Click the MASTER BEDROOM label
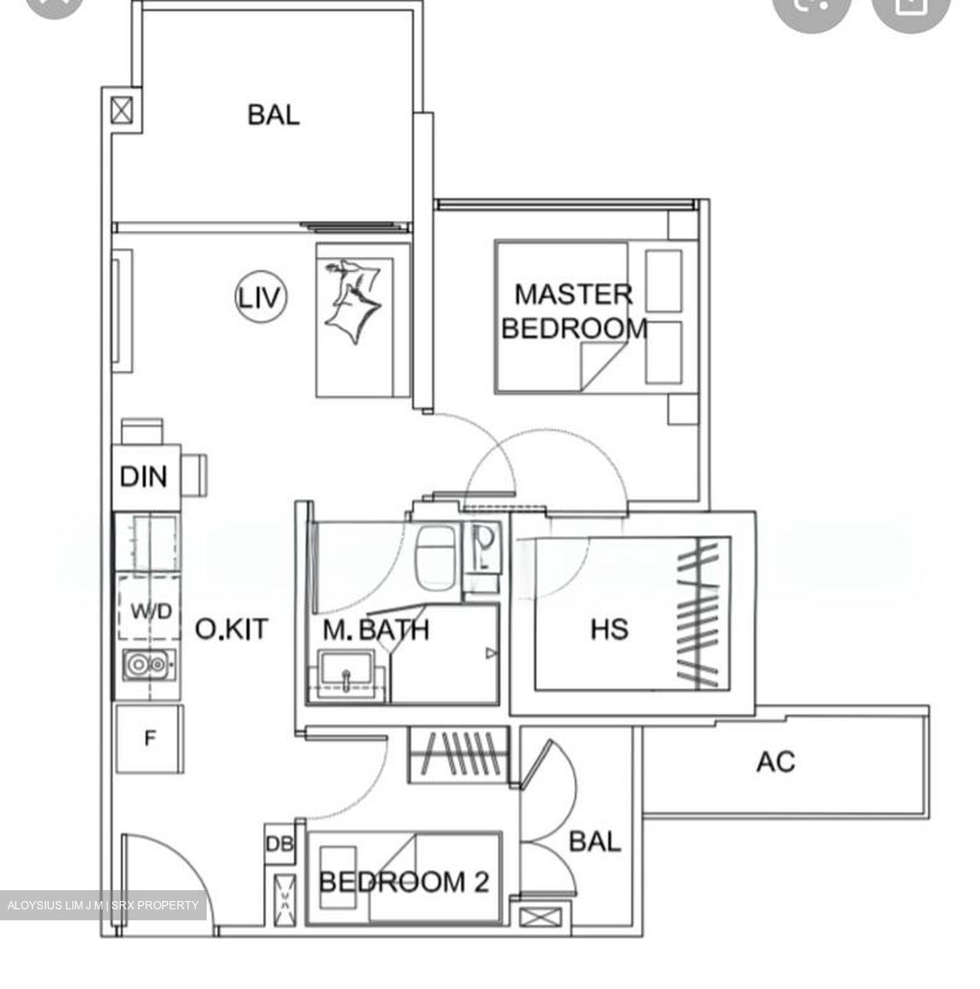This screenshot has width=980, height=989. coord(574,311)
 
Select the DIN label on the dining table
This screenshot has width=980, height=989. coord(144,477)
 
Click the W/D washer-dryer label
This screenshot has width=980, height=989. coord(151,611)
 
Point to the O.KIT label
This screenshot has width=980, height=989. coord(231,629)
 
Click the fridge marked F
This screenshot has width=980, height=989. coord(150,739)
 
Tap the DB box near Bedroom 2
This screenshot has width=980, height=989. coord(279,843)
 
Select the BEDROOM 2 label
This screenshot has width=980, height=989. coord(404,881)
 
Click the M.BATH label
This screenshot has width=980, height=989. coord(376,630)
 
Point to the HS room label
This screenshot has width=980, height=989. coord(609,629)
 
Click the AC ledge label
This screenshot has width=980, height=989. coord(776,761)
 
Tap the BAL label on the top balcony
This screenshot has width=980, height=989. coord(273,115)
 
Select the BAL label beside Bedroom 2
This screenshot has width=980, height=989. coord(595,841)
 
